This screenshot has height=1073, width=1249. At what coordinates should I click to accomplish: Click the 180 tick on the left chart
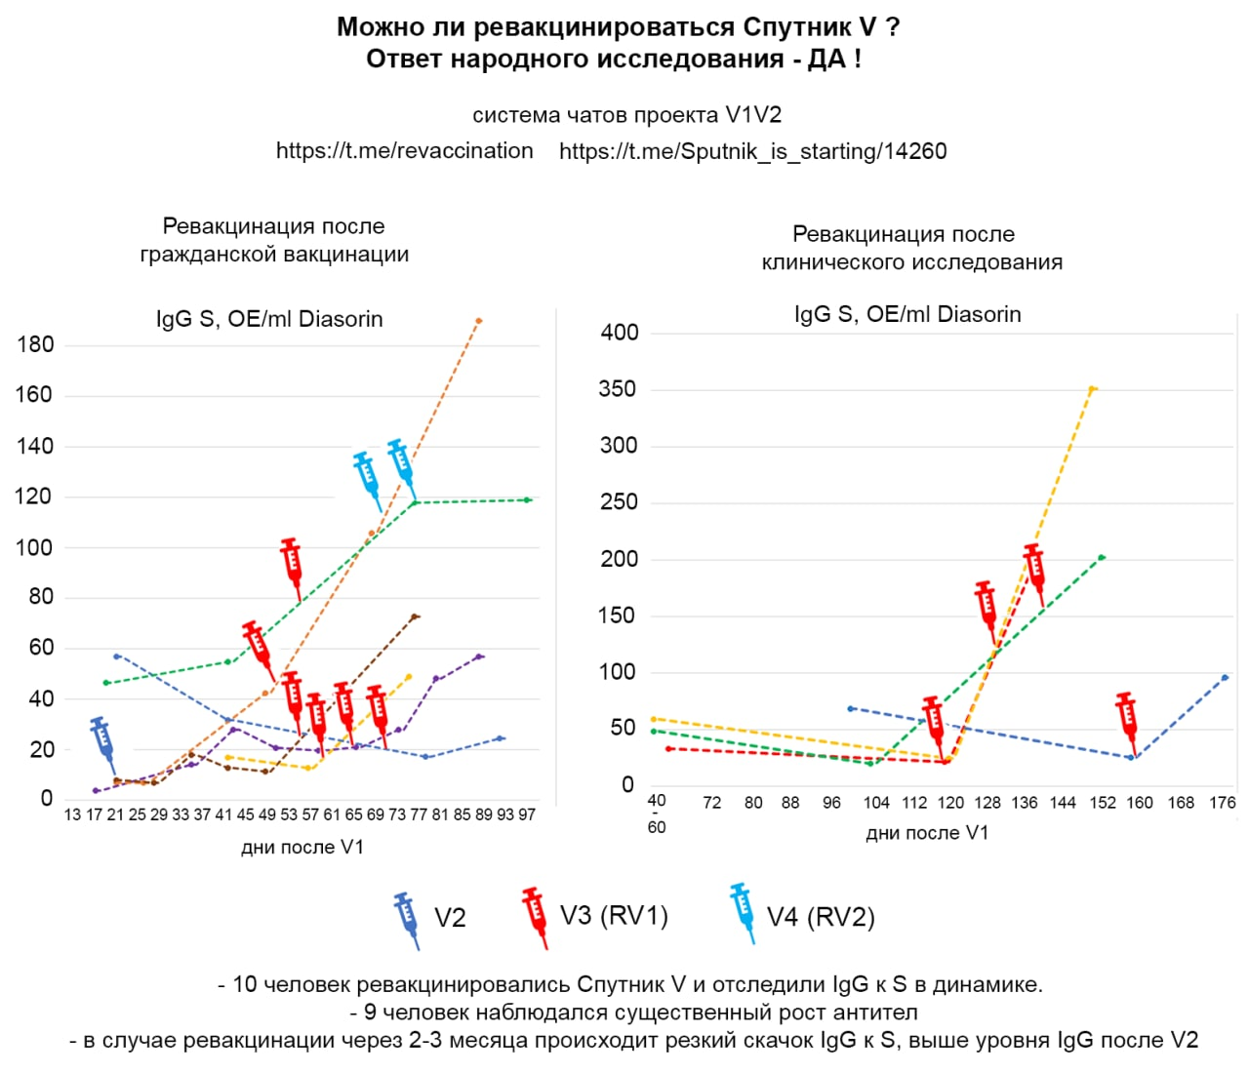point(35,344)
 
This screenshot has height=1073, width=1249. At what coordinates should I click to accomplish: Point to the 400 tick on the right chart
point(620,333)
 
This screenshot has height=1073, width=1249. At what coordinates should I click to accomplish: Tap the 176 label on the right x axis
point(1223,803)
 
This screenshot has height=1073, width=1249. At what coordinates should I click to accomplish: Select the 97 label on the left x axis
point(527,815)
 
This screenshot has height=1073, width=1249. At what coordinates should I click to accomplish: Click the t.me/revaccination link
point(404,151)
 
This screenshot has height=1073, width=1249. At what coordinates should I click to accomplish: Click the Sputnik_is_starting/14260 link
point(752,151)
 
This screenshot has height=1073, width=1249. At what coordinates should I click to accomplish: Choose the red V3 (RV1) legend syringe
point(534,916)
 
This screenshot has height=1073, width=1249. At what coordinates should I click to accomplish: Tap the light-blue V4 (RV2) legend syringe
point(743,912)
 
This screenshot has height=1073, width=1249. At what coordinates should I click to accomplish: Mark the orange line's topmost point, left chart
point(479,320)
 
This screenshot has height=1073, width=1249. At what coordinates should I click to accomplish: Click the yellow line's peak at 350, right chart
point(1093,388)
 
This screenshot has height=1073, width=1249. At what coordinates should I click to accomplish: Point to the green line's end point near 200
point(1102,557)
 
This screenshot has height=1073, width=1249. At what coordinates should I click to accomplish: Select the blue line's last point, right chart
point(1225,677)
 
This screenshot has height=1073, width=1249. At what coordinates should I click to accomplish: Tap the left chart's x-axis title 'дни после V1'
point(302,848)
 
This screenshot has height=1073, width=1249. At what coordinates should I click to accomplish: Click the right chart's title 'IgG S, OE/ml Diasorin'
point(907,315)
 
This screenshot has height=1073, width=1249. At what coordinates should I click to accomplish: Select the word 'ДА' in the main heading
point(826,60)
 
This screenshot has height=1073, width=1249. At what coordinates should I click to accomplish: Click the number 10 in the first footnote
point(244,984)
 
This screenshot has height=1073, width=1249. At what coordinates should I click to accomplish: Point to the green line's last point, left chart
point(528,499)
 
